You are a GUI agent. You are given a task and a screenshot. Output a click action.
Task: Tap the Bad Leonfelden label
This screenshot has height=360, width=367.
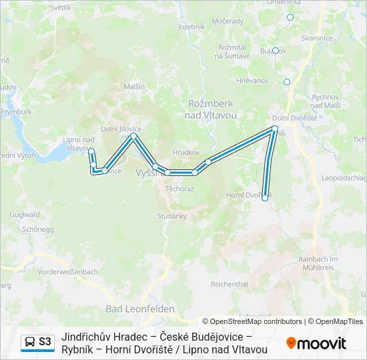(140, 309)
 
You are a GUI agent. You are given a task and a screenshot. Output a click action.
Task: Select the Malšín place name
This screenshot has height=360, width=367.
(134, 87)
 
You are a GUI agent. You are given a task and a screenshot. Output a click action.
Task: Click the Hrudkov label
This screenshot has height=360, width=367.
(187, 152)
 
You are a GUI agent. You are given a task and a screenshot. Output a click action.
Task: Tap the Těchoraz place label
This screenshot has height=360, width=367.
(179, 189)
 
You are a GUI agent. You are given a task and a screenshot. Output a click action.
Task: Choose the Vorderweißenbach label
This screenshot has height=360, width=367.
(68, 272)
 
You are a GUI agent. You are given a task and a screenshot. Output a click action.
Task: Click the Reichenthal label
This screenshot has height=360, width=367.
(229, 284)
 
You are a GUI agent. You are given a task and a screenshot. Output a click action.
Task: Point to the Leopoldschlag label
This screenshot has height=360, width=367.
(344, 178)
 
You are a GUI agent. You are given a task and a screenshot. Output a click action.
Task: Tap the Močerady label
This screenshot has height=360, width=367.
(228, 21)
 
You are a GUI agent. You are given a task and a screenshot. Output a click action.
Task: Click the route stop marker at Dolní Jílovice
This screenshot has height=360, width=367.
(133, 136)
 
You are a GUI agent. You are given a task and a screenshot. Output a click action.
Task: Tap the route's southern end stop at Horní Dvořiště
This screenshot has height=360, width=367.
(265, 198)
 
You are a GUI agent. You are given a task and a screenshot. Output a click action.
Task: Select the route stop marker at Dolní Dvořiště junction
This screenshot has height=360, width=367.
(274, 128)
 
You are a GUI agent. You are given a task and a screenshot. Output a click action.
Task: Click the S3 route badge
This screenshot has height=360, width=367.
(37, 342)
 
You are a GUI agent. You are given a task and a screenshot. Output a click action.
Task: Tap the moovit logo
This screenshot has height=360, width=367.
(316, 343)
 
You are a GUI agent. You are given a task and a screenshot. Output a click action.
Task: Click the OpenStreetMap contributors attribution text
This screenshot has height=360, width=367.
(252, 321)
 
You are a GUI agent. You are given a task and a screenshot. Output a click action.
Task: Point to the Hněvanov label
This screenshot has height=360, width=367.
(252, 80)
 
